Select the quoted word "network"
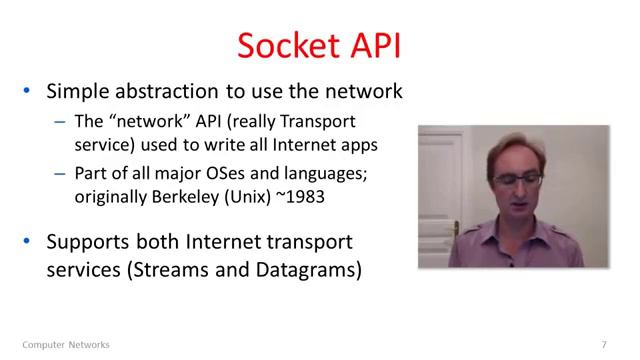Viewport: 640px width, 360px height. coord(150,123)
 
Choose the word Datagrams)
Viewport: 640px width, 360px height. coord(312,270)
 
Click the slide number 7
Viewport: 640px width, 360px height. coord(604,345)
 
